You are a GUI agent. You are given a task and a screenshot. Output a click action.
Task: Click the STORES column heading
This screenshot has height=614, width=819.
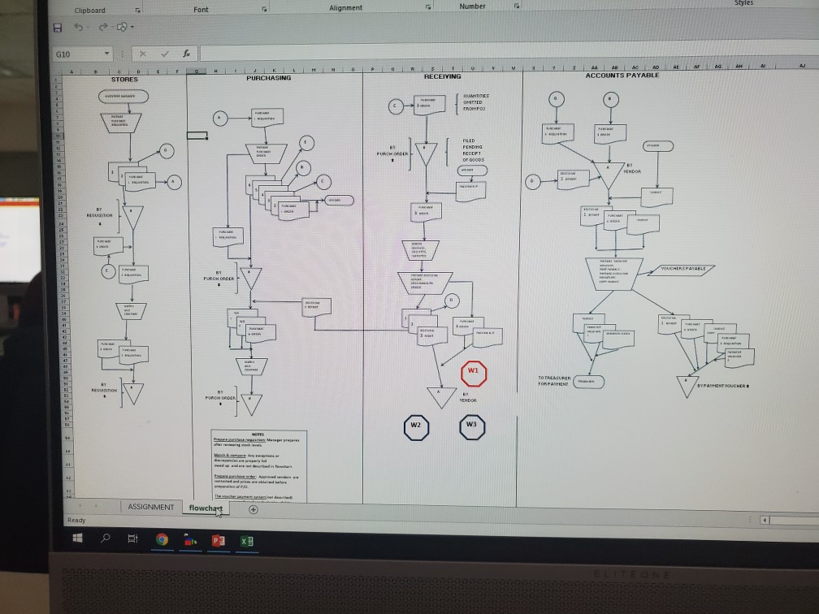click(124, 80)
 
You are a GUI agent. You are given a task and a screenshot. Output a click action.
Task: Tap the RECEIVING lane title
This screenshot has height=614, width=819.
click(441, 76)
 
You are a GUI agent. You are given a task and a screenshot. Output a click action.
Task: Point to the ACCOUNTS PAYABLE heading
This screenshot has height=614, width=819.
click(622, 75)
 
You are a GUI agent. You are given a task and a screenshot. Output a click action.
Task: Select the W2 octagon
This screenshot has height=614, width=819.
click(415, 426)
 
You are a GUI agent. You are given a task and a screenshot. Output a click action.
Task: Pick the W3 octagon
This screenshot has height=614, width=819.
click(471, 425)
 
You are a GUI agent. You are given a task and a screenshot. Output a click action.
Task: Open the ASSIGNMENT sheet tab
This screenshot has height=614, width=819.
click(150, 506)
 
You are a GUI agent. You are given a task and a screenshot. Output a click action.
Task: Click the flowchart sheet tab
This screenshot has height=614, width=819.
click(205, 508)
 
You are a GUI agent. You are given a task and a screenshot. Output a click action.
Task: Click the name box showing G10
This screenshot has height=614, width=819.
click(77, 54)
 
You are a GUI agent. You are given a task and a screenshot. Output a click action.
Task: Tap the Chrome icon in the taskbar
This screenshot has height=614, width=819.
click(162, 539)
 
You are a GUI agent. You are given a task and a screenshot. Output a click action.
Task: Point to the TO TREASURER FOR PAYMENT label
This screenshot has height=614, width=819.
click(553, 381)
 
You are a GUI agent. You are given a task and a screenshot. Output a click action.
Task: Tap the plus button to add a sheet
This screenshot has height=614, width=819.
click(253, 509)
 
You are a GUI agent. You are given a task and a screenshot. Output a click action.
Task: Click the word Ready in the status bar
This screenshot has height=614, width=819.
click(77, 520)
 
